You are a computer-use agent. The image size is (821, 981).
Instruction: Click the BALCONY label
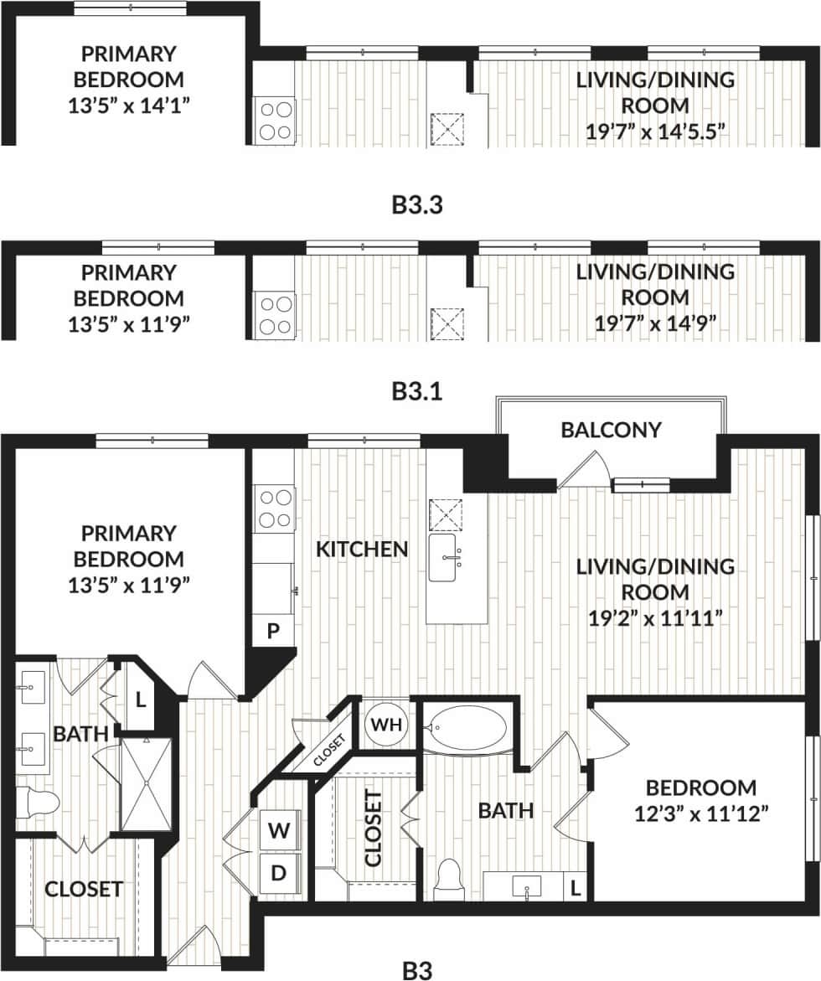[x=611, y=430]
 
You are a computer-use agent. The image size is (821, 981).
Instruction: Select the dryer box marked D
[x=277, y=873]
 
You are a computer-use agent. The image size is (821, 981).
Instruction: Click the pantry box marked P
[x=273, y=631]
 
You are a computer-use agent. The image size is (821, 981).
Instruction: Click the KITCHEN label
[x=362, y=550]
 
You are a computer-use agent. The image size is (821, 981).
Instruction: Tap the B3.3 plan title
[x=416, y=204]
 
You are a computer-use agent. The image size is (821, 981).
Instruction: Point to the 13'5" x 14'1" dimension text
[x=129, y=106]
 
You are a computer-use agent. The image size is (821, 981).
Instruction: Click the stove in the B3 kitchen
[x=274, y=508]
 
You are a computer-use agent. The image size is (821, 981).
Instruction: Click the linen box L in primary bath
[x=141, y=697]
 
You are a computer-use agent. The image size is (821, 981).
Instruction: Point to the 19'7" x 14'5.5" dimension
[x=655, y=132]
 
